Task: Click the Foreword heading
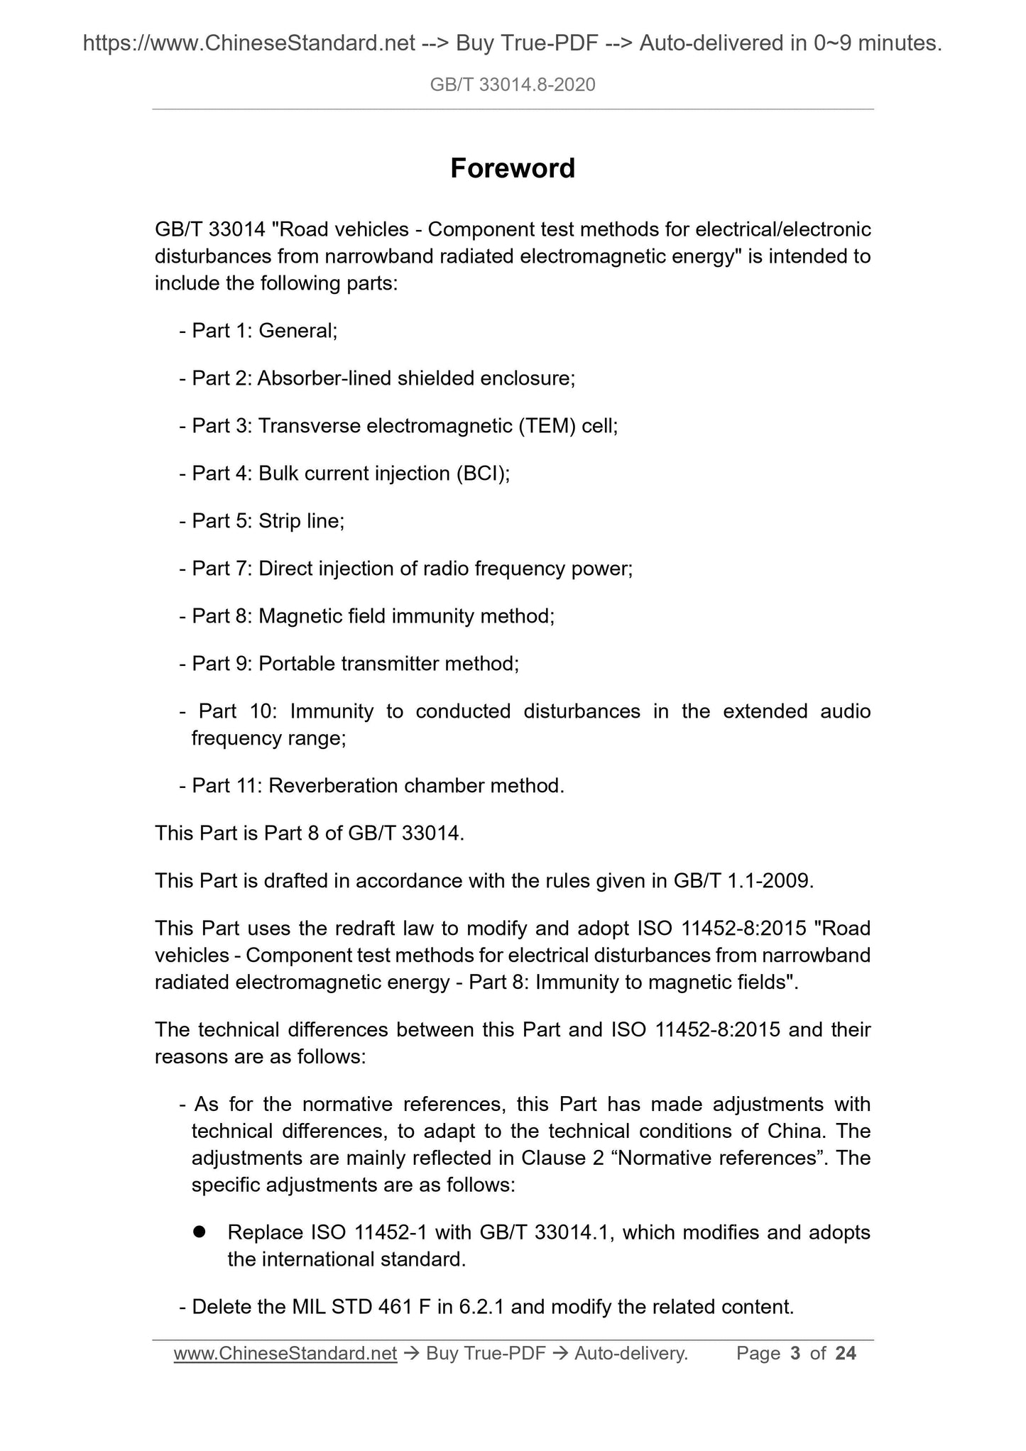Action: pyautogui.click(x=513, y=168)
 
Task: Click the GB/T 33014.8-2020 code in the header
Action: pyautogui.click(x=513, y=85)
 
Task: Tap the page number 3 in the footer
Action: pyautogui.click(x=795, y=1354)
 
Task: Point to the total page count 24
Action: pyautogui.click(x=846, y=1354)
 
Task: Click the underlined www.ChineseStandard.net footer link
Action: pyautogui.click(x=285, y=1354)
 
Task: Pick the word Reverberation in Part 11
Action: pyautogui.click(x=327, y=786)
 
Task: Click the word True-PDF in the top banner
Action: pyautogui.click(x=526, y=44)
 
